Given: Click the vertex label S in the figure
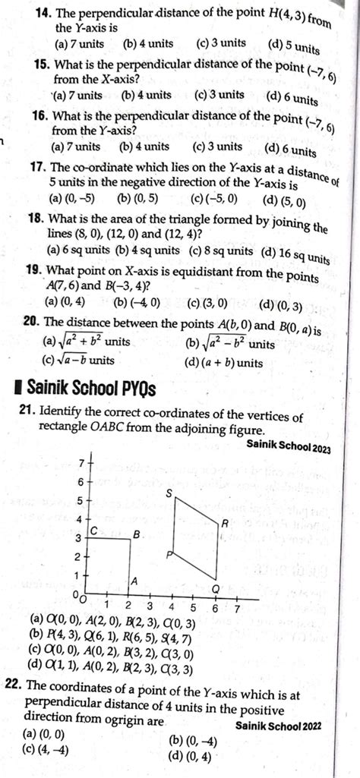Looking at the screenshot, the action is tap(169, 494).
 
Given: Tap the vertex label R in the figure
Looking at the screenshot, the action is tap(225, 524).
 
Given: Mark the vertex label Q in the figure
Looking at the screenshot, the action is tap(215, 589).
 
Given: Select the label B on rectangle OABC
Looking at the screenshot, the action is tap(137, 535).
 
